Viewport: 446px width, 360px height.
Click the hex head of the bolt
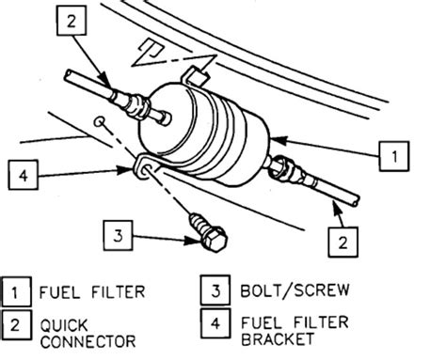[215, 240]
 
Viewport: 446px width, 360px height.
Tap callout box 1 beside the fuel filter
[394, 156]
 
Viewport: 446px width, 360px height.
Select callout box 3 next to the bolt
[118, 235]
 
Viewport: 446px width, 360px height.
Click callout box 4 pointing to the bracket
[24, 175]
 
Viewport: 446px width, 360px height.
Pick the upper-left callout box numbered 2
[72, 21]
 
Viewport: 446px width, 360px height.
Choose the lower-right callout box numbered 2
[342, 242]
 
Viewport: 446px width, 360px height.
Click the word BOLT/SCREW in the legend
[295, 290]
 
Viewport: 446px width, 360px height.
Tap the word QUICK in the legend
[64, 325]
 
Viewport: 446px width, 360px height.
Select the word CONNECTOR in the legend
[88, 341]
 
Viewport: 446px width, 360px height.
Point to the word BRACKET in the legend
[278, 339]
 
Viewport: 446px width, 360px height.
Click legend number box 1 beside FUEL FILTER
[16, 291]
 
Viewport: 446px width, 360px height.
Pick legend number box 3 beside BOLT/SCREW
[215, 290]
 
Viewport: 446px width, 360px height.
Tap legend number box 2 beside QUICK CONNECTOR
[16, 324]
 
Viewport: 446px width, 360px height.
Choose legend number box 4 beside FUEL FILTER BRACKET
[215, 323]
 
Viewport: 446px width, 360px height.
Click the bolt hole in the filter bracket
[147, 171]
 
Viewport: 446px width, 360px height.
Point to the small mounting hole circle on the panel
[100, 121]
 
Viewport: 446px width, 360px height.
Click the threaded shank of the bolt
[199, 224]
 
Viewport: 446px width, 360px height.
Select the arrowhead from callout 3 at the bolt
[193, 241]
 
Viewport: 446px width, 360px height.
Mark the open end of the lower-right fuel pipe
[356, 201]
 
